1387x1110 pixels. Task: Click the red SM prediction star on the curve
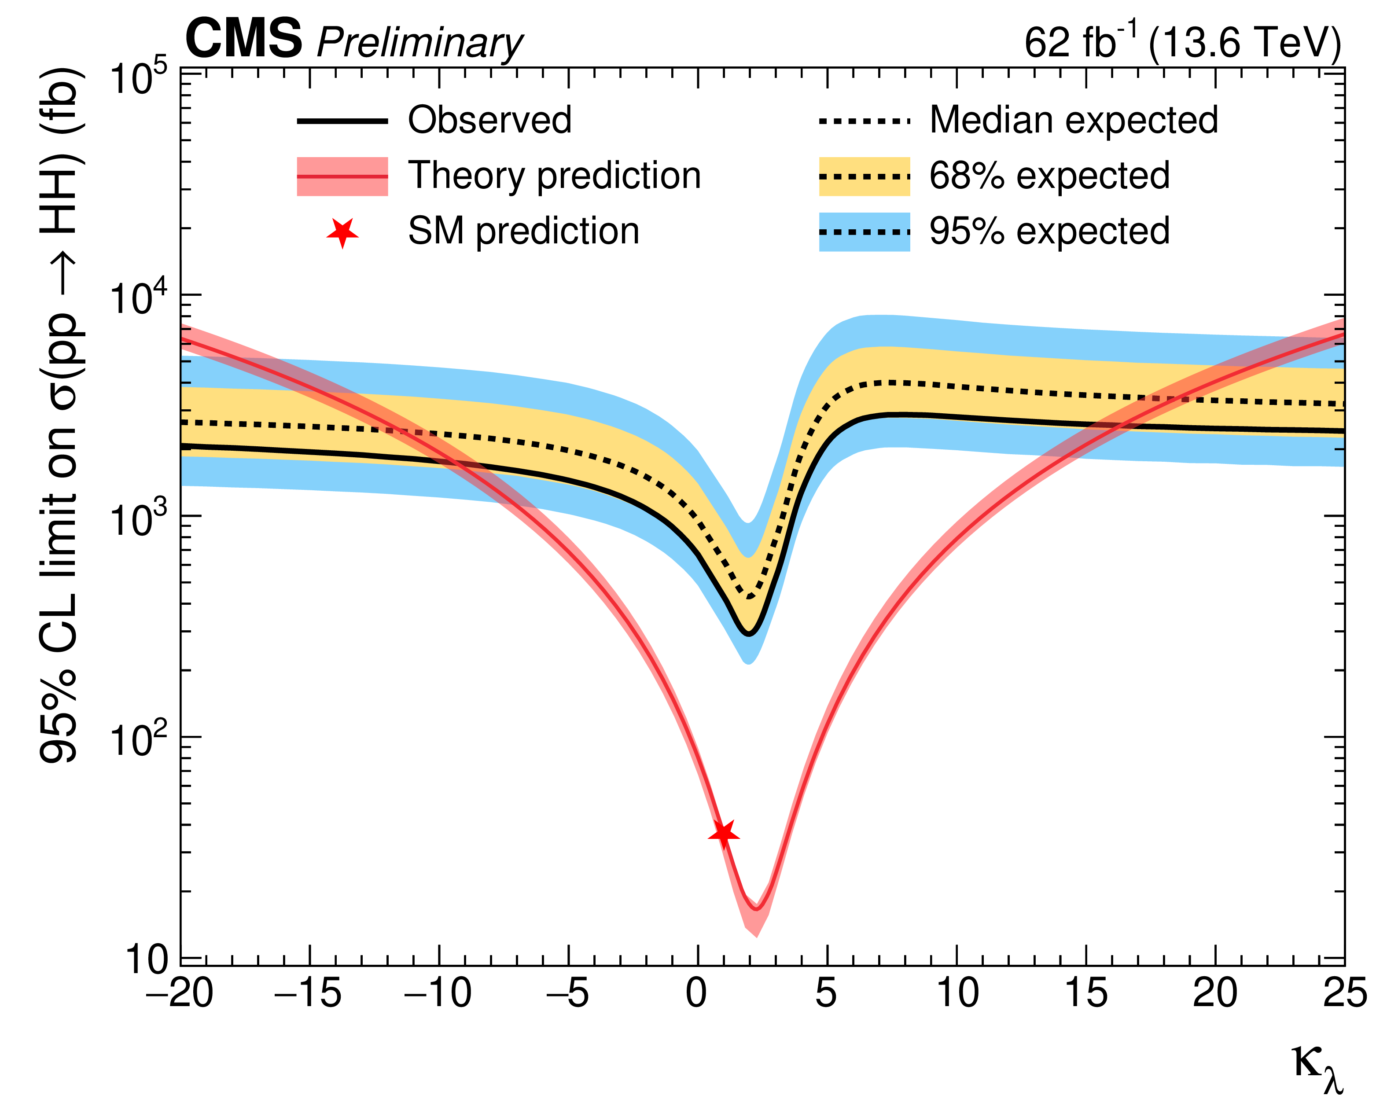point(724,834)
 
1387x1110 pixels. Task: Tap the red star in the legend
point(342,232)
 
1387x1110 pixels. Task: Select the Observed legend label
point(489,120)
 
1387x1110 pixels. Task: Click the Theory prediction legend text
point(554,176)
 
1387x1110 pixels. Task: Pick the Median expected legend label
point(1073,120)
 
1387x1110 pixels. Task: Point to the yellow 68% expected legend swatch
point(864,176)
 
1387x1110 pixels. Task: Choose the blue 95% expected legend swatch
point(864,232)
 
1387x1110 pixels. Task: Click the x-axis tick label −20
point(180,994)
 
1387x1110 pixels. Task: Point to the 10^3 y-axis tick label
point(138,518)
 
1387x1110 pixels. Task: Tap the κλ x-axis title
point(1317,1068)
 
